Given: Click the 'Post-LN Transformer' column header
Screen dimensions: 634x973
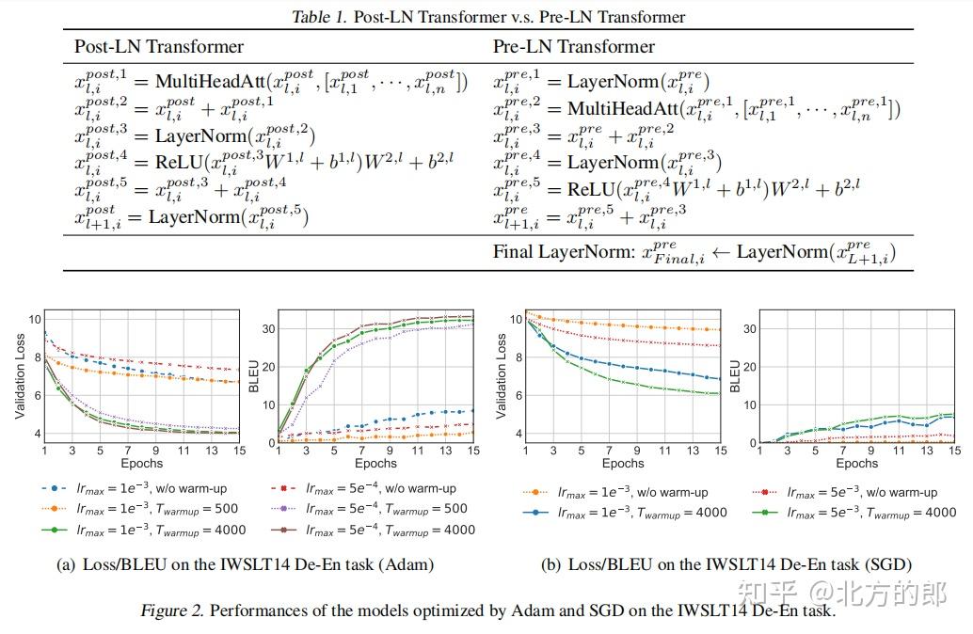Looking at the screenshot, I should pyautogui.click(x=159, y=46).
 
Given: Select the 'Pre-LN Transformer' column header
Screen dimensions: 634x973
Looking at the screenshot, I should pyautogui.click(x=574, y=46).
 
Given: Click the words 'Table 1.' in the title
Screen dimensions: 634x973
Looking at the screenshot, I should pyautogui.click(x=319, y=16).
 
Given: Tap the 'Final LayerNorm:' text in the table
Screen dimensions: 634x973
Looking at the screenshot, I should pyautogui.click(x=562, y=252).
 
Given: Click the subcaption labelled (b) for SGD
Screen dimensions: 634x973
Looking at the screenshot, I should pyautogui.click(x=726, y=564).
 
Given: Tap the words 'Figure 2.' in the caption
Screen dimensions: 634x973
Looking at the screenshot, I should pyautogui.click(x=172, y=610).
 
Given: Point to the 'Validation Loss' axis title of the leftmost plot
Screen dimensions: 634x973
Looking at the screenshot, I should pyautogui.click(x=20, y=375).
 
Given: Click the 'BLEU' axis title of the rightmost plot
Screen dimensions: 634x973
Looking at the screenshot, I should pyautogui.click(x=736, y=375).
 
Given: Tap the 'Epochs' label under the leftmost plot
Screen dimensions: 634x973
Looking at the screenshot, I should pyautogui.click(x=141, y=463).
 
